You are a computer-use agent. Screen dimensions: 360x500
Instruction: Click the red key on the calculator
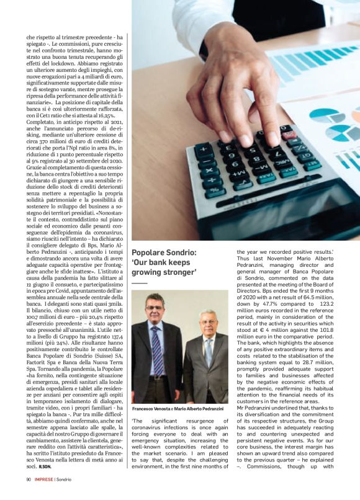pos(287,128)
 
